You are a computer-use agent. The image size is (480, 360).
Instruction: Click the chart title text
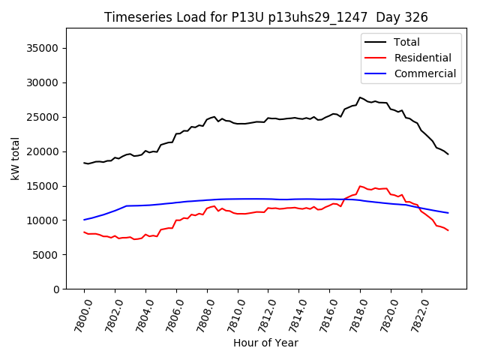point(265,17)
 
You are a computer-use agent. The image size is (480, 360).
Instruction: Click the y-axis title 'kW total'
point(15,158)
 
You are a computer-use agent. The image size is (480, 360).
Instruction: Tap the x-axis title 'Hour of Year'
point(265,343)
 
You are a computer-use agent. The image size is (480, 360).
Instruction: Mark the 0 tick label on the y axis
point(56,289)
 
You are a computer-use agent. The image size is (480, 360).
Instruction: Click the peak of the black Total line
point(360,97)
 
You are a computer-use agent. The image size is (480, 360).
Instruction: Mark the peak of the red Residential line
point(360,186)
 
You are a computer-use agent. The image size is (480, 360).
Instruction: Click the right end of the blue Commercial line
point(448,213)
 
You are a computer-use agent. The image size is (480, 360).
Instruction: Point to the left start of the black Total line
point(84,163)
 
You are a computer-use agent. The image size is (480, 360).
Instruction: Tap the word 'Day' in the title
point(382,17)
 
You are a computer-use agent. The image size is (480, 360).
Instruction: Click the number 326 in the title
point(413,17)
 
